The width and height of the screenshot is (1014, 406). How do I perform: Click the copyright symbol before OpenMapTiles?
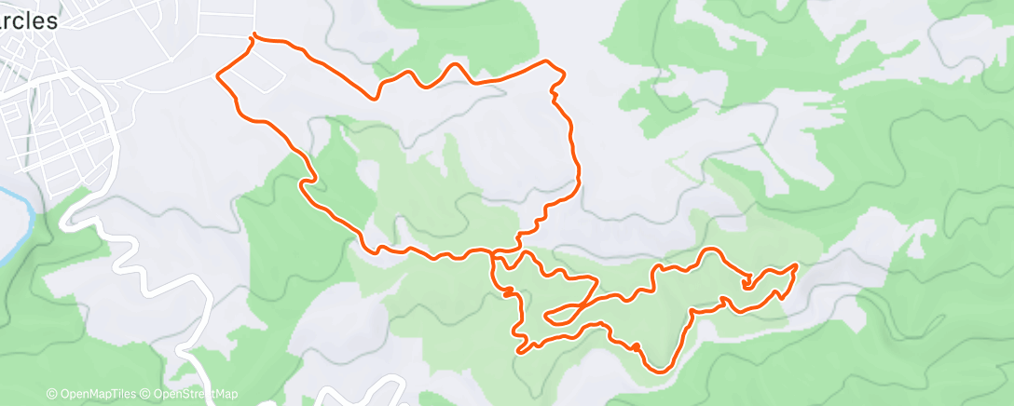pyautogui.click(x=51, y=394)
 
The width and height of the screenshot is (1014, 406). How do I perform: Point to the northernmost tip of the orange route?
pyautogui.click(x=253, y=36)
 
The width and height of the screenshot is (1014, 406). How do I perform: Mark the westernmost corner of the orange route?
pyautogui.click(x=218, y=75)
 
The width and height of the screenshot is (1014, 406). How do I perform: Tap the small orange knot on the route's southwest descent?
pyautogui.click(x=509, y=292)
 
